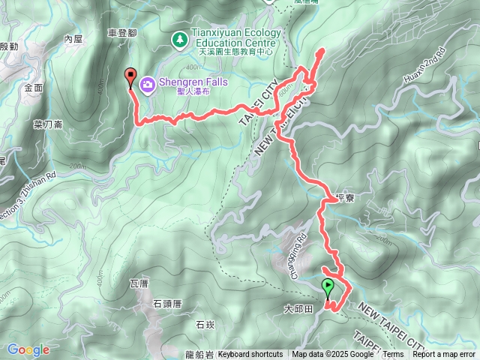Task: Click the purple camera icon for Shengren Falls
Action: pyautogui.click(x=147, y=83)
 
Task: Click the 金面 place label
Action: pyautogui.click(x=34, y=88)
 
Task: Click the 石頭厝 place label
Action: pyautogui.click(x=167, y=304)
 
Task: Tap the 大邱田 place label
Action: pyautogui.click(x=298, y=308)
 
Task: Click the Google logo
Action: pyautogui.click(x=28, y=349)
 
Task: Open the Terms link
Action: pyautogui.click(x=393, y=355)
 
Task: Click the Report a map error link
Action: pyautogui.click(x=444, y=355)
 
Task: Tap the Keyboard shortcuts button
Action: pyautogui.click(x=250, y=355)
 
